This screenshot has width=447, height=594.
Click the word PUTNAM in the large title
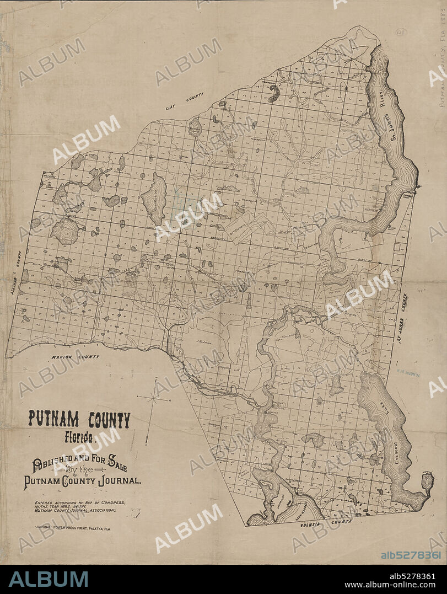tap(52, 420)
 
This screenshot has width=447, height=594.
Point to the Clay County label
tap(185, 102)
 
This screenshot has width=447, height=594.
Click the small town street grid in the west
tap(131, 281)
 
